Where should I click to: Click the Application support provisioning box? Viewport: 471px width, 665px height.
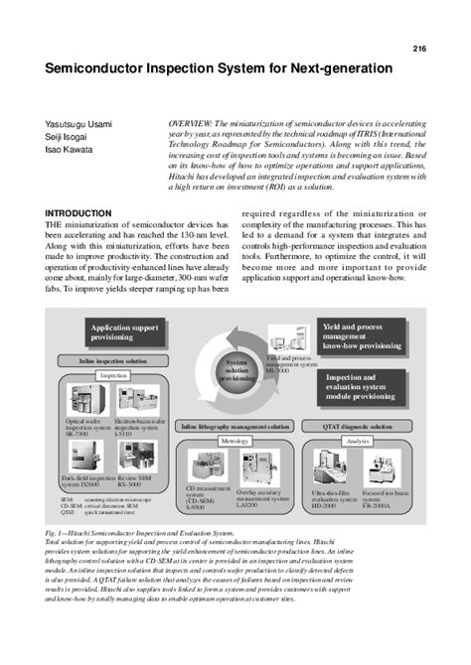click(127, 332)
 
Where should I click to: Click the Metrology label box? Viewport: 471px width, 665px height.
click(233, 441)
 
